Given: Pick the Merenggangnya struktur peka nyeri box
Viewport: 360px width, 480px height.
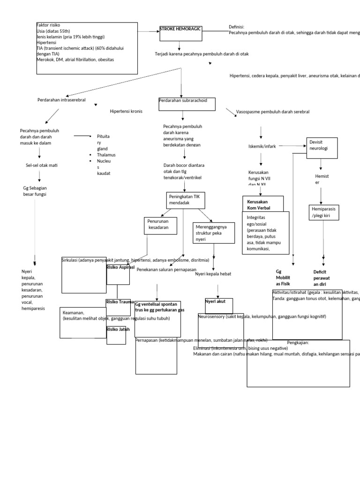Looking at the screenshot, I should [213, 233].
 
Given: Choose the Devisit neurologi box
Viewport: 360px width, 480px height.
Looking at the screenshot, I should [322, 145].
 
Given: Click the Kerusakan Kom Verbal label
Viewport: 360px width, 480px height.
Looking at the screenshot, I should [258, 204].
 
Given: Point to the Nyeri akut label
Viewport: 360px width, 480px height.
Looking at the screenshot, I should [215, 301].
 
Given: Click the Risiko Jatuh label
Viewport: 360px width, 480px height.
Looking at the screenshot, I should [118, 330].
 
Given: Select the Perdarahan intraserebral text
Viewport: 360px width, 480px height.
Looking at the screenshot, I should [61, 100].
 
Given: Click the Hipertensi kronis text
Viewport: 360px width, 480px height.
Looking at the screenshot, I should [126, 112].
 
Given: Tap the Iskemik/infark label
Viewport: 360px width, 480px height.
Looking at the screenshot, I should [262, 146].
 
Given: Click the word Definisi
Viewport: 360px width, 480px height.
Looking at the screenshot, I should [236, 27].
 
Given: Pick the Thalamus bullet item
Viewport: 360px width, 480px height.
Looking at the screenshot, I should [106, 155].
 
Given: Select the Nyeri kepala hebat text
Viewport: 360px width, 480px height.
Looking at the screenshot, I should [213, 274].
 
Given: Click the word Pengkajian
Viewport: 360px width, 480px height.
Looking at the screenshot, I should [298, 343].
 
